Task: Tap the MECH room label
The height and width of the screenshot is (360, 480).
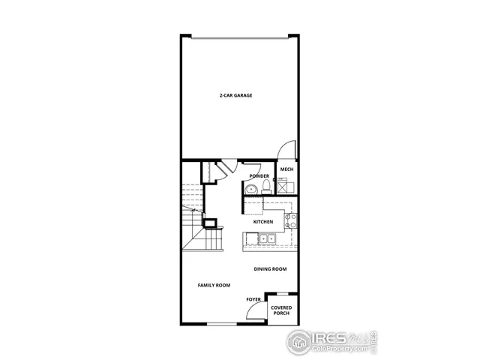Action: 286,170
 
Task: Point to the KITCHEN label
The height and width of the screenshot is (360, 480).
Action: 262,222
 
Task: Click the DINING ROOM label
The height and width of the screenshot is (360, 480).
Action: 270,268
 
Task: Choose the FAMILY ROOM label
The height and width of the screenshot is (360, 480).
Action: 214,285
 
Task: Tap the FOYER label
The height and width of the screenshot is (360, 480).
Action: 254,299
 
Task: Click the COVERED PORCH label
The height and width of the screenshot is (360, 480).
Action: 281,310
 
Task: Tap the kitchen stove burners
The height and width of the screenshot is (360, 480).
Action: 290,220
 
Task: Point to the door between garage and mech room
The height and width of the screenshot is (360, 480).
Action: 287,150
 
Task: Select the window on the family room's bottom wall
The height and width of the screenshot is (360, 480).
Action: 222,323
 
